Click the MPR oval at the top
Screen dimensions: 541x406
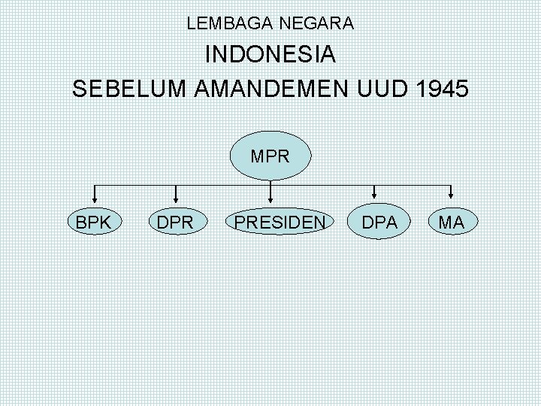[x=270, y=156]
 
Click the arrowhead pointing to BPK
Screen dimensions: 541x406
[x=94, y=198]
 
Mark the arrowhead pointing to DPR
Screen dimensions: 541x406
[x=175, y=198]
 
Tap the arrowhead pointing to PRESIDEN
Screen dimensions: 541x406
[x=270, y=198]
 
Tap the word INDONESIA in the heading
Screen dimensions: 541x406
[x=270, y=56]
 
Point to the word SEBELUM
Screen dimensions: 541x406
[x=129, y=88]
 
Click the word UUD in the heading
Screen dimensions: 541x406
[x=384, y=88]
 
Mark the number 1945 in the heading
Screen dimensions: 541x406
[x=442, y=88]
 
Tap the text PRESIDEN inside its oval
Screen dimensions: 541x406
[x=280, y=223]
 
